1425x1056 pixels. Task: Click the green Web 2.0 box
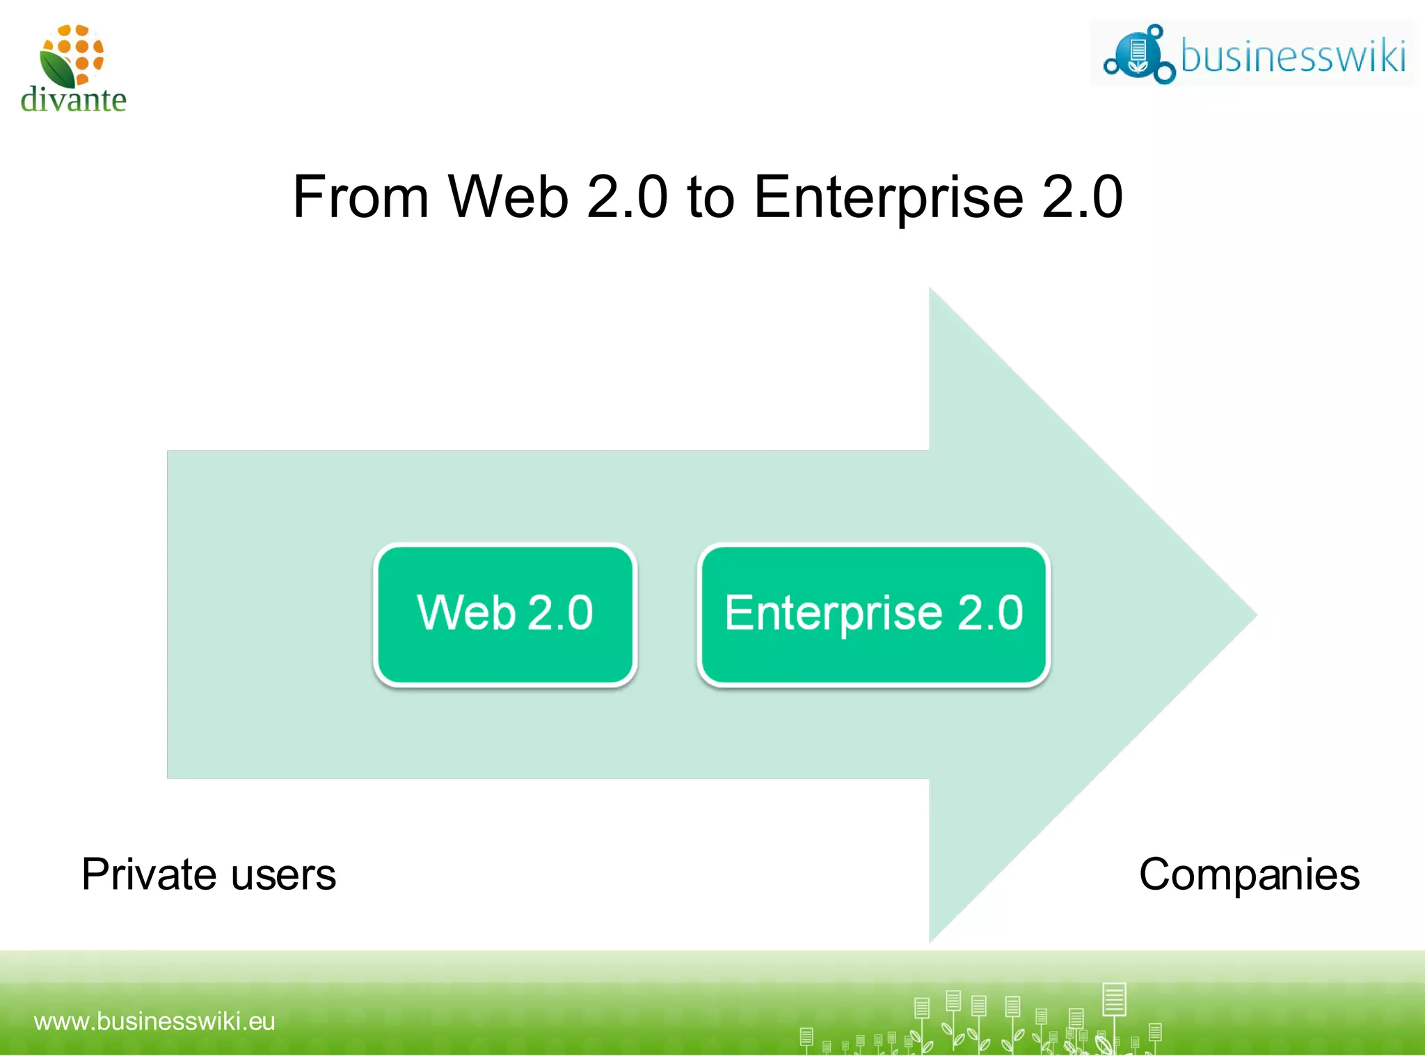click(505, 615)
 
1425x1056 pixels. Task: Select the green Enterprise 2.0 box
click(873, 615)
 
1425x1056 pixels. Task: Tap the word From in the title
click(360, 197)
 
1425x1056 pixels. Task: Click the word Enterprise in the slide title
click(889, 197)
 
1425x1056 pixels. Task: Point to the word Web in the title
click(508, 197)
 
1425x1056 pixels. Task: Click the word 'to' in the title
click(710, 197)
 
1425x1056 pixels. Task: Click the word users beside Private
click(283, 876)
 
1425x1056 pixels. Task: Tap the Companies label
click(1249, 874)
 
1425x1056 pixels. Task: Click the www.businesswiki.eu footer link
click(154, 1021)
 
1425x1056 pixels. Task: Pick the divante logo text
click(74, 99)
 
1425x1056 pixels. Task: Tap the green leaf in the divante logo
click(57, 69)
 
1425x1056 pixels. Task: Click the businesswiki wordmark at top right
click(1293, 56)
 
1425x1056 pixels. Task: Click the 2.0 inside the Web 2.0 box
click(560, 613)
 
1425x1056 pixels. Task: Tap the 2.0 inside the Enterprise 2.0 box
click(990, 613)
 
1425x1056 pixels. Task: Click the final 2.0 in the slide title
click(1082, 197)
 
